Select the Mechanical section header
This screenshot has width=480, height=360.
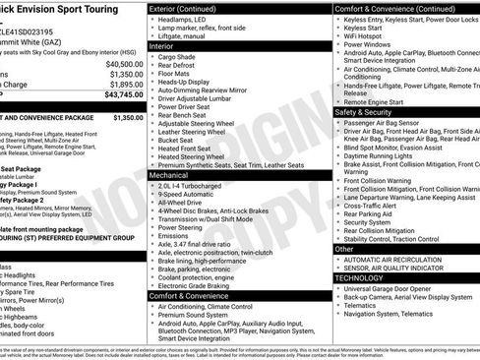pos(172,171)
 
